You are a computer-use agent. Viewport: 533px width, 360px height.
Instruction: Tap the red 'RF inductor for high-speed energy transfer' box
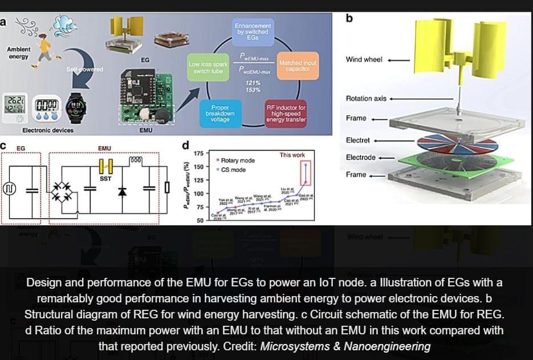(x=286, y=113)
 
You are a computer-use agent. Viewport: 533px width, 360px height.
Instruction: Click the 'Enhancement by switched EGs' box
(x=253, y=29)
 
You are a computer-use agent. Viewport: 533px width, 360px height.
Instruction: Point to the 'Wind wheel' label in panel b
(x=364, y=59)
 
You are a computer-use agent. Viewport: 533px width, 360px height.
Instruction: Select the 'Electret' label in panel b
(x=358, y=140)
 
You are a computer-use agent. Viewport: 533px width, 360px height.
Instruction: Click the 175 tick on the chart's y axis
(x=199, y=154)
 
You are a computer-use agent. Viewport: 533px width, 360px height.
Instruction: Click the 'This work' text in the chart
(x=292, y=155)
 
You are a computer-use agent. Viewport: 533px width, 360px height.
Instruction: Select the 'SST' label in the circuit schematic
(x=105, y=179)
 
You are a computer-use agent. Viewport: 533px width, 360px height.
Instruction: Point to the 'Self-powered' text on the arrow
(x=85, y=69)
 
